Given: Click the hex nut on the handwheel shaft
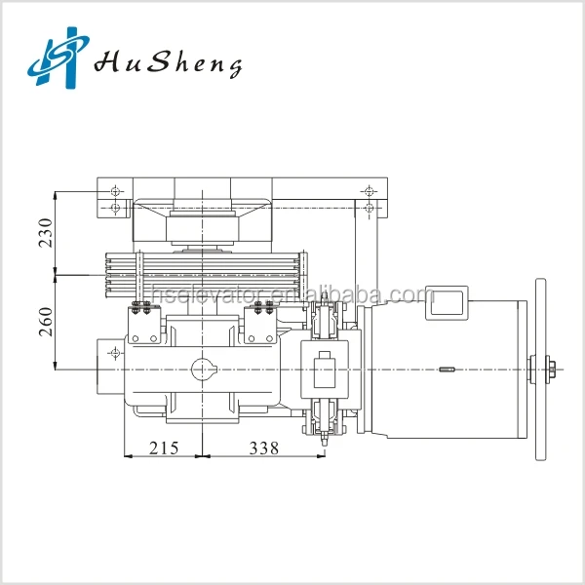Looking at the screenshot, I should pos(551,369).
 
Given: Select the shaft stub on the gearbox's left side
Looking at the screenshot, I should pos(110,369).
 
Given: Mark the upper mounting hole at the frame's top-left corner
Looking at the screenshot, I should pos(116,189).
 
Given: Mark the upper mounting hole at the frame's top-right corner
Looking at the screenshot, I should pos(367,189).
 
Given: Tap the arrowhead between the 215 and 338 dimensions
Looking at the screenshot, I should pos(199,455).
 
